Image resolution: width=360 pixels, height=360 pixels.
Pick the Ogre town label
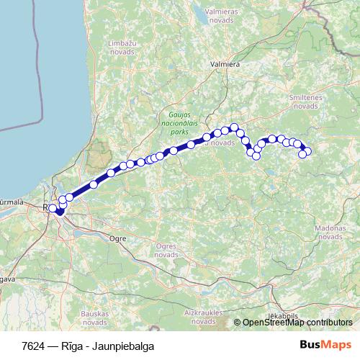pos(116,238)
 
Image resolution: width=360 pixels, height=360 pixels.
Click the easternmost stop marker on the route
pos(309,150)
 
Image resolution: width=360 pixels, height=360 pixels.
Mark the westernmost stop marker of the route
pos(53,208)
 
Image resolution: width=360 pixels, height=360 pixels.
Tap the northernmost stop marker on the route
pos(234,127)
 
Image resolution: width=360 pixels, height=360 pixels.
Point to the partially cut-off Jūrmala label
pos(10,202)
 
